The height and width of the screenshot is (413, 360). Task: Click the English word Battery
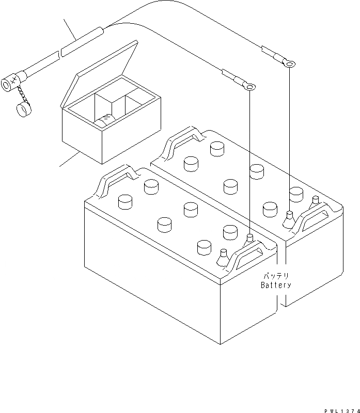[x=276, y=284]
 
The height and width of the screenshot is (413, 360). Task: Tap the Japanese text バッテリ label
[x=276, y=276]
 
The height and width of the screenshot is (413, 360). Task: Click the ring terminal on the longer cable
[x=290, y=65]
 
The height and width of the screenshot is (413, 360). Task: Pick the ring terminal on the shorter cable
[x=251, y=88]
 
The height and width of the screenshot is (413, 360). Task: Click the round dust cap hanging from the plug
[x=22, y=110]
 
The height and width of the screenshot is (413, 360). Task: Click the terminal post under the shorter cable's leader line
[x=249, y=238]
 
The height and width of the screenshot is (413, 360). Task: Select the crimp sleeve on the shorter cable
[x=231, y=76]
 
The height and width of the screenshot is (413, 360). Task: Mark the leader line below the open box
[x=70, y=159]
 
